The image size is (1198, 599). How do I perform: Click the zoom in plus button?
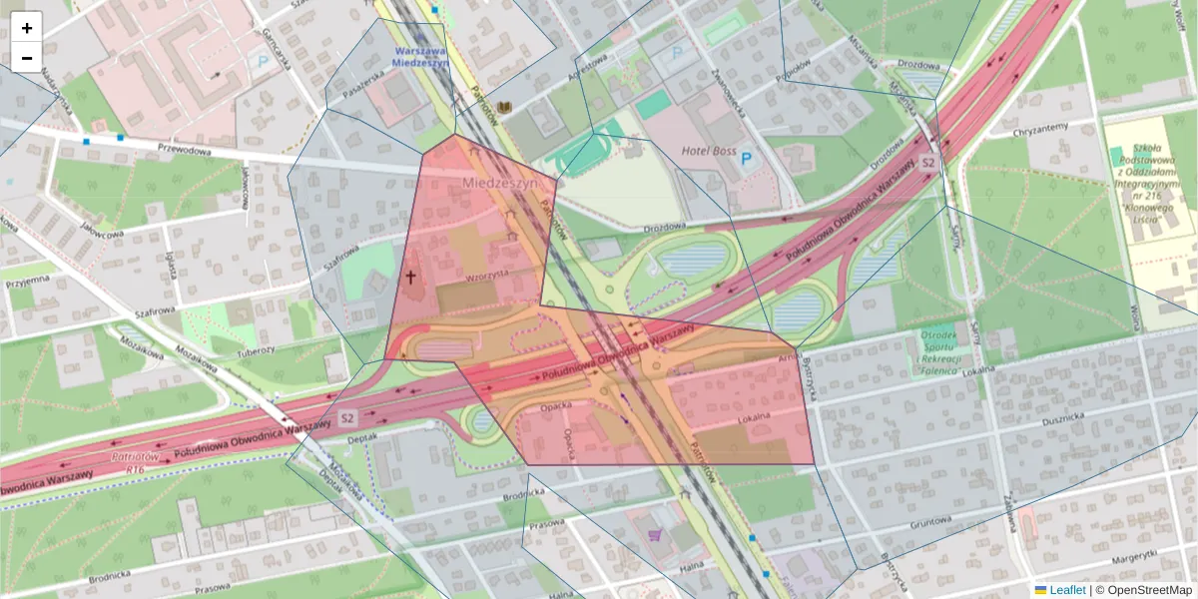click(27, 28)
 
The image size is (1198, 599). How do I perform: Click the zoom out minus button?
click(27, 58)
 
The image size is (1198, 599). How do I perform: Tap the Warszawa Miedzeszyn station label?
click(421, 55)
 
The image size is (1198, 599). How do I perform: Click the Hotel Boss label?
click(708, 151)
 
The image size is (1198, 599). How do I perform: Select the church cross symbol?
click(410, 277)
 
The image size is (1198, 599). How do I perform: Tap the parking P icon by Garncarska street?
click(263, 61)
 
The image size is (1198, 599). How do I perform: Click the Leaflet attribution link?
click(1066, 590)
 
